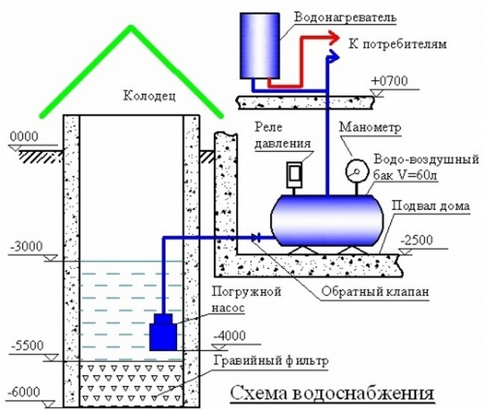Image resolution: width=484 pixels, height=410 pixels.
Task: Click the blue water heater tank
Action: click(259, 45)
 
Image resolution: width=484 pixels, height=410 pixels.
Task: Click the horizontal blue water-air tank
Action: click(325, 219)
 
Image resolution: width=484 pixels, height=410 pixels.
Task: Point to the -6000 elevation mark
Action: click(27, 392)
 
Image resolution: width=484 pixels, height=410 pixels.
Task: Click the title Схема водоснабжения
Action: click(332, 394)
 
